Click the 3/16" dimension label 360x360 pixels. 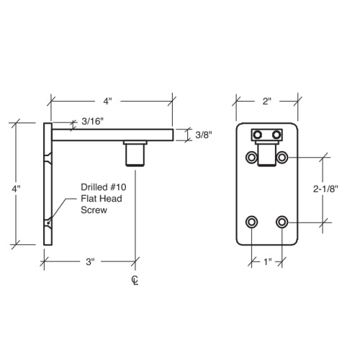[92, 121]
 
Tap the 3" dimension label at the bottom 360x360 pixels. [90, 263]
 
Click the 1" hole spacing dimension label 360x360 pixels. [266, 262]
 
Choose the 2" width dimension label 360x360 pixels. [266, 102]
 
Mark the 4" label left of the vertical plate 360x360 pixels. [16, 189]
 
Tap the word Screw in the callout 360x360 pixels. [93, 210]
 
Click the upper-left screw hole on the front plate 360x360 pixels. [251, 157]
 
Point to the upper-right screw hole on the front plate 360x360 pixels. [282, 157]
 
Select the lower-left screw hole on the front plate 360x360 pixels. [251, 221]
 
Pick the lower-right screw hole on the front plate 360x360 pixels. [282, 221]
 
